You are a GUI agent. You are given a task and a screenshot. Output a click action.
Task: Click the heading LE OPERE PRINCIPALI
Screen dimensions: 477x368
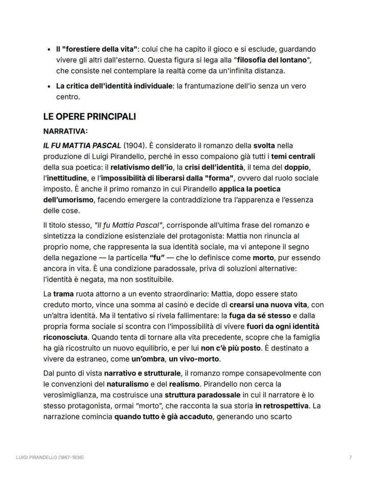tap(89, 117)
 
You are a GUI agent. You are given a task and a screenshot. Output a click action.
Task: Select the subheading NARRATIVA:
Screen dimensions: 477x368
tap(65, 131)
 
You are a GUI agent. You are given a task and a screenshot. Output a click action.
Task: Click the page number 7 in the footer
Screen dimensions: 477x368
tap(351, 457)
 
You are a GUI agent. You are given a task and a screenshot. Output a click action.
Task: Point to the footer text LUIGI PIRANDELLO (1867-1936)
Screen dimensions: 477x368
tap(50, 457)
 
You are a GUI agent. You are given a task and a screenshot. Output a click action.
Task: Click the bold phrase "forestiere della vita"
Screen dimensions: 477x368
tap(100, 49)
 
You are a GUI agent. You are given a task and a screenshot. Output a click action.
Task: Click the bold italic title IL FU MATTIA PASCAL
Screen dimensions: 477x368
tap(82, 146)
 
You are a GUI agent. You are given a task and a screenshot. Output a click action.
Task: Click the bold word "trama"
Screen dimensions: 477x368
tap(65, 294)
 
